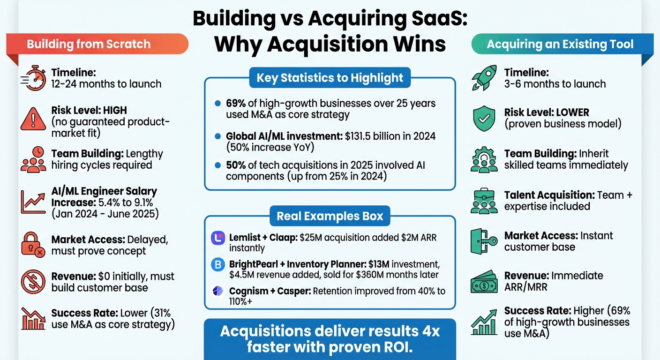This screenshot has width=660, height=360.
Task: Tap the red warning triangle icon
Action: tap(33, 119)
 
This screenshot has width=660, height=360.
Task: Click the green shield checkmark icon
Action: tap(485, 119)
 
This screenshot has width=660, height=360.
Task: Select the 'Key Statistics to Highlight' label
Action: tap(330, 77)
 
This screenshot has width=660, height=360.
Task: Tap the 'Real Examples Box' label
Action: tap(330, 216)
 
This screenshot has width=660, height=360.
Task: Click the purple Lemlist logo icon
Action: tap(218, 238)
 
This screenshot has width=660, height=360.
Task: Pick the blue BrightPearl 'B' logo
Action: tap(218, 265)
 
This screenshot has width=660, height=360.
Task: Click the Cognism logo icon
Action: tap(218, 291)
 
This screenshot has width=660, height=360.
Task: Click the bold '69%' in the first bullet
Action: tap(236, 104)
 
